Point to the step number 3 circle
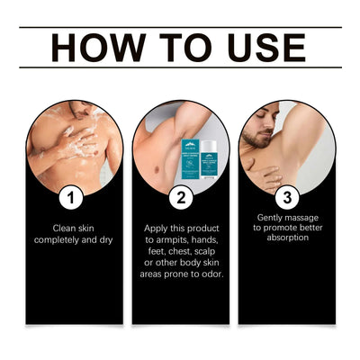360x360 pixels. coord(287,193)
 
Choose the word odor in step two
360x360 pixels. coord(211,273)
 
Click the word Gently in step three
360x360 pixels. coord(272,218)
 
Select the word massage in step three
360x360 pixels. coord(303,218)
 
